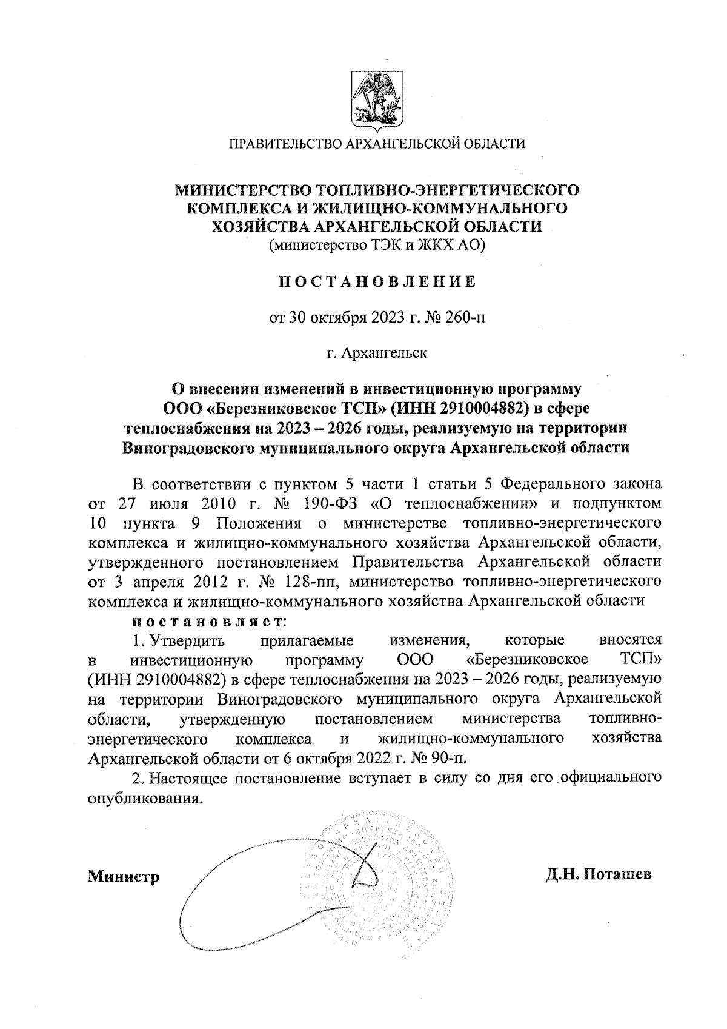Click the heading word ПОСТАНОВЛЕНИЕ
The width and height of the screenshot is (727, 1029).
click(377, 281)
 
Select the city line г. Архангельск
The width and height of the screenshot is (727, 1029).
click(377, 352)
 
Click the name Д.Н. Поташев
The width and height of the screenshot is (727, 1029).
click(598, 875)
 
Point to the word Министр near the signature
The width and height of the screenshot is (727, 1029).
click(124, 877)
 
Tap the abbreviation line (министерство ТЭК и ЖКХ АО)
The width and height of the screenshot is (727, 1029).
click(377, 246)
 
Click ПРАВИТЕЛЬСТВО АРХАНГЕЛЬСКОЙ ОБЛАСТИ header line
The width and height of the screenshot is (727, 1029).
click(377, 144)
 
